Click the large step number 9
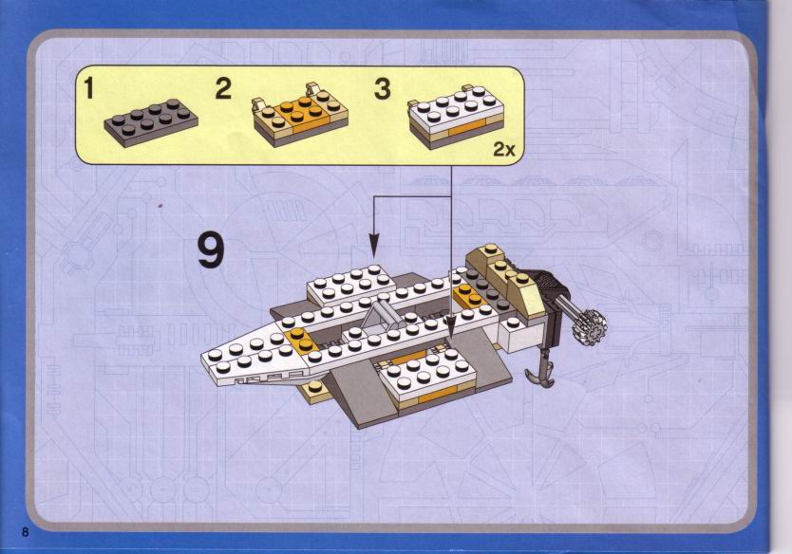click(x=211, y=250)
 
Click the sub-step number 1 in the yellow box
click(x=89, y=88)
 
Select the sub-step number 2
click(x=223, y=88)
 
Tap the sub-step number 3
click(x=383, y=88)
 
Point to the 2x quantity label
click(x=504, y=149)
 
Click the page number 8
click(x=26, y=532)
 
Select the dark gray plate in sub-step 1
click(x=151, y=122)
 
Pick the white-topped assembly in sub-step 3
click(x=456, y=117)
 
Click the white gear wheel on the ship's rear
click(x=590, y=328)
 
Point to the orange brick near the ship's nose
click(x=300, y=339)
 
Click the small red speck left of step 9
click(x=160, y=205)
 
